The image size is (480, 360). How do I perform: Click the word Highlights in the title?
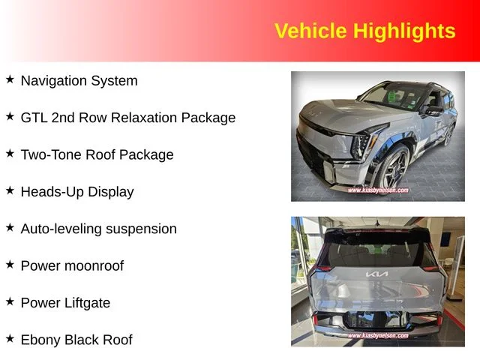pyautogui.click(x=404, y=31)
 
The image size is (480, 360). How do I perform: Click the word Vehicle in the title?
pyautogui.click(x=310, y=31)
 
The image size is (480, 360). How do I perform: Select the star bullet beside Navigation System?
pyautogui.click(x=10, y=79)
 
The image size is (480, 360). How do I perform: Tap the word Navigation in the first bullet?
pyautogui.click(x=54, y=82)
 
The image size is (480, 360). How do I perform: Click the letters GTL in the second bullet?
pyautogui.click(x=34, y=118)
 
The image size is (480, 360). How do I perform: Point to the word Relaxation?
pyautogui.click(x=144, y=118)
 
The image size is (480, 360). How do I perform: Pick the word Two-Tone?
pyautogui.click(x=51, y=154)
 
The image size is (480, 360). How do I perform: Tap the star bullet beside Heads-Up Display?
pyautogui.click(x=10, y=190)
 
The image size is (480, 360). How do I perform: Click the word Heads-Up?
pyautogui.click(x=52, y=192)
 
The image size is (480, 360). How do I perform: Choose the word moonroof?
pyautogui.click(x=94, y=265)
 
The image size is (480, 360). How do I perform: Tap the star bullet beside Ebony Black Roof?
pyautogui.click(x=10, y=338)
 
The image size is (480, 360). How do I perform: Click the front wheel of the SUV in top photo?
pyautogui.click(x=394, y=167)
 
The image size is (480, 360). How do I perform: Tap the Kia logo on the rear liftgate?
pyautogui.click(x=376, y=274)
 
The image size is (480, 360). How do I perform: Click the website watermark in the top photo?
pyautogui.click(x=378, y=190)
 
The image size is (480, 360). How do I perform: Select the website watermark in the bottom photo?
pyautogui.click(x=378, y=335)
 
